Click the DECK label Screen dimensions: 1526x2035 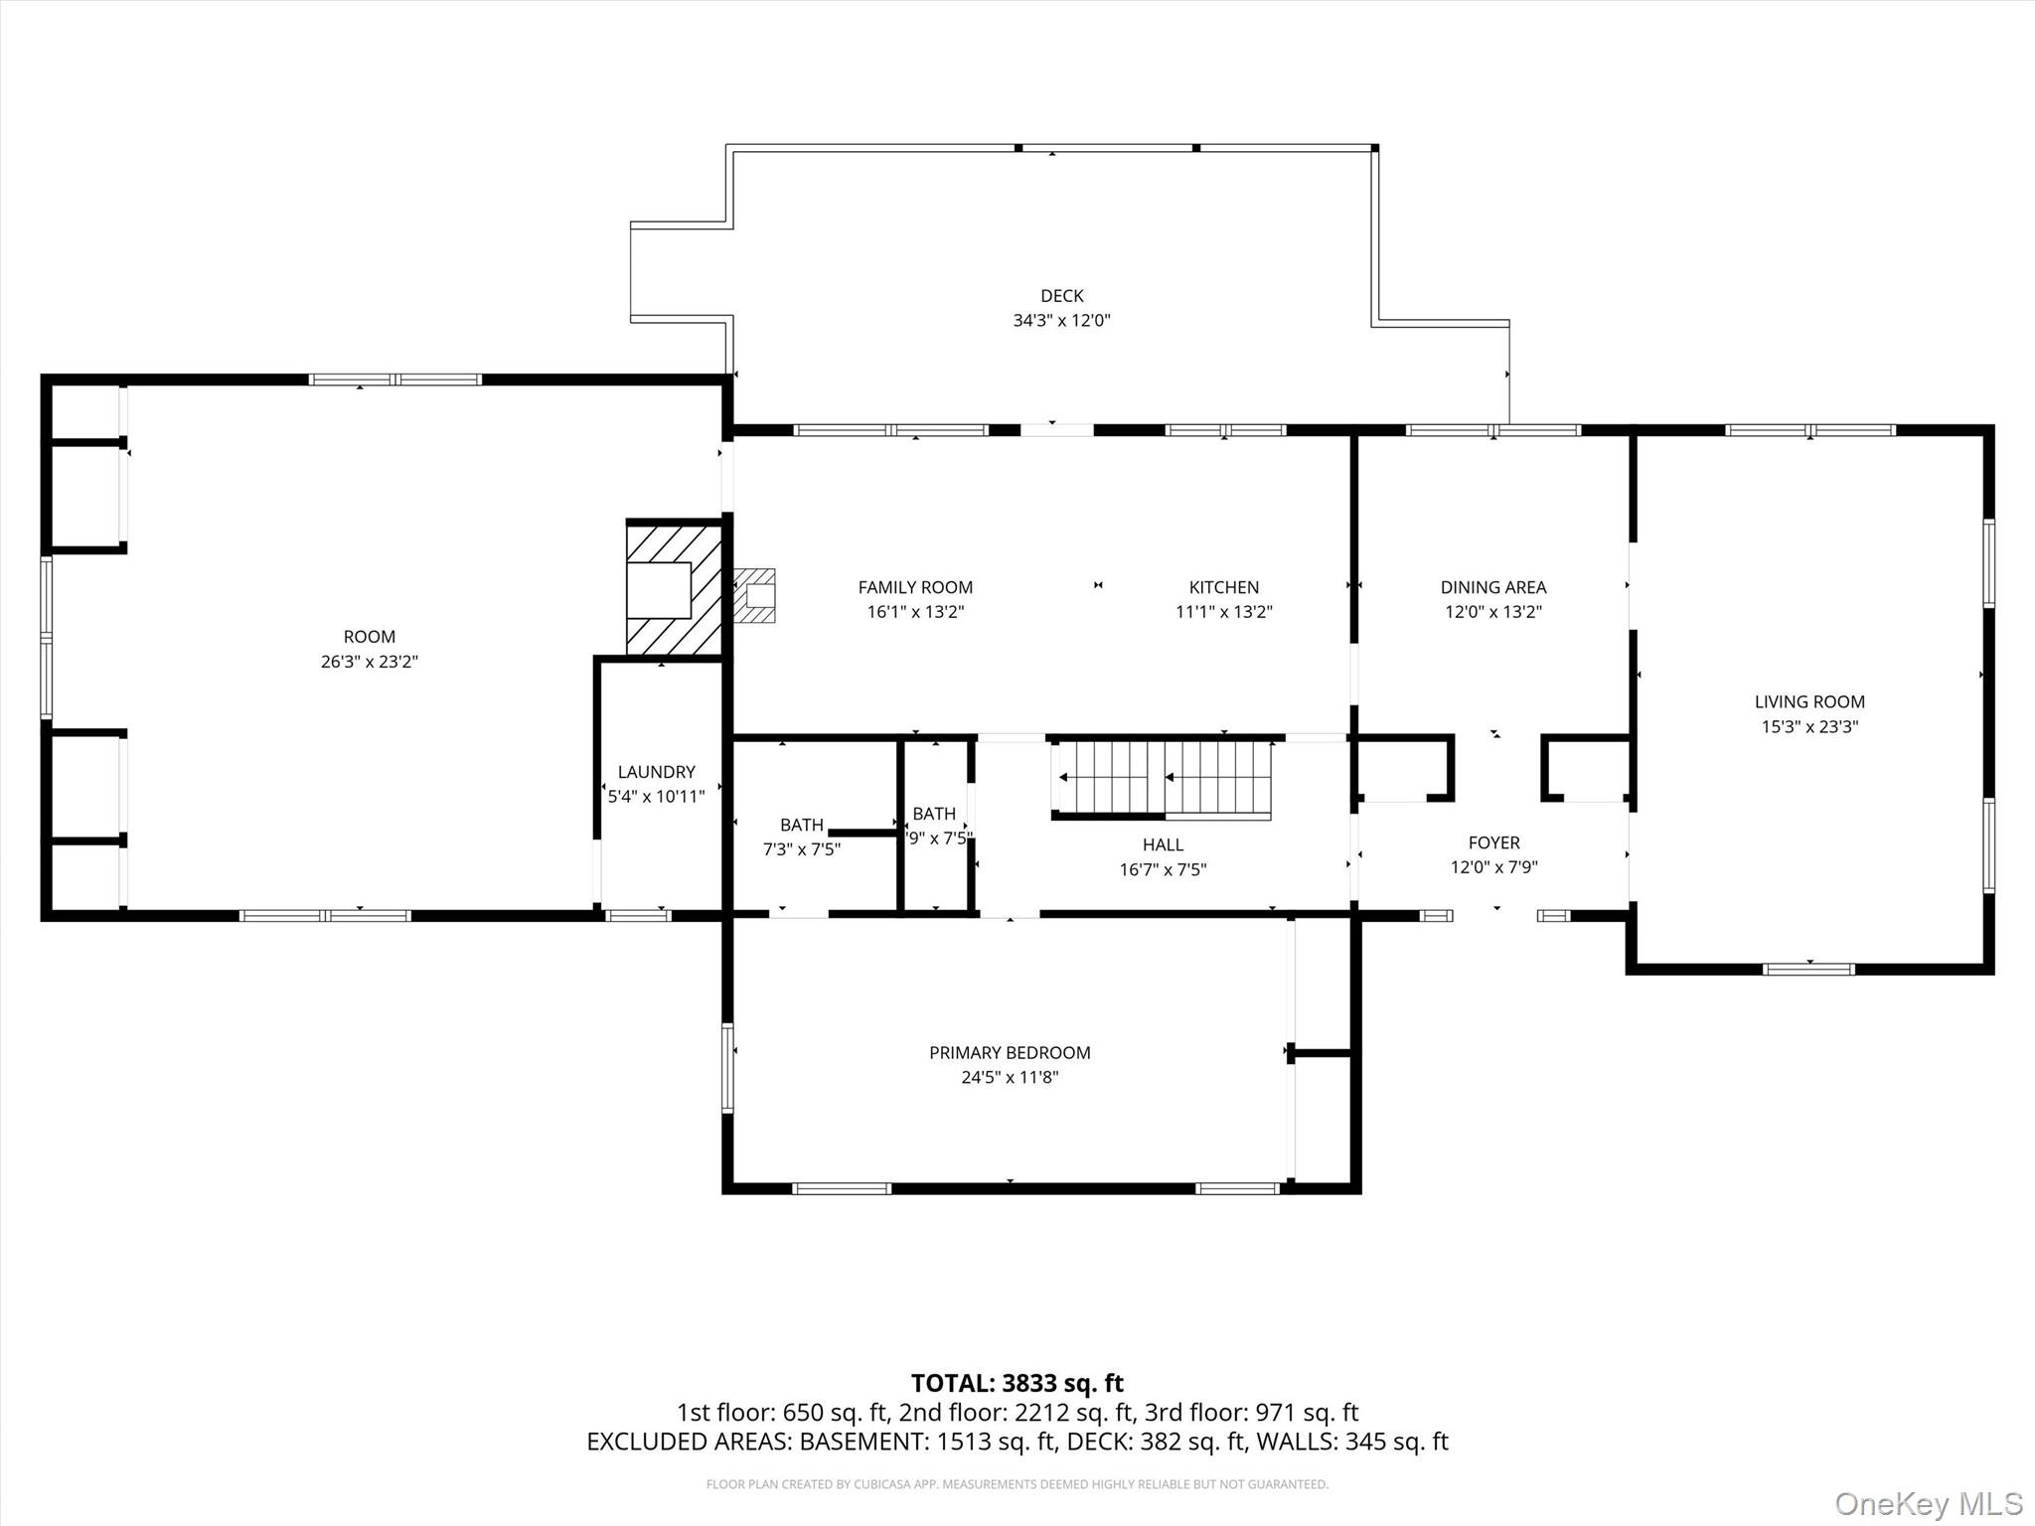pyautogui.click(x=1061, y=295)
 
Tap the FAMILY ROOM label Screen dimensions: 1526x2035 pyautogui.click(x=915, y=587)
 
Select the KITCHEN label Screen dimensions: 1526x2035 pyautogui.click(x=1223, y=587)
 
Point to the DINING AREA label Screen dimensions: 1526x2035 pyautogui.click(x=1492, y=587)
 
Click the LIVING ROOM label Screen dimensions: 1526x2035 pyautogui.click(x=1808, y=701)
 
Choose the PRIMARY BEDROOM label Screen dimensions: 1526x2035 pyautogui.click(x=1010, y=1052)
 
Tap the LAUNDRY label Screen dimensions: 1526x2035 pyautogui.click(x=656, y=772)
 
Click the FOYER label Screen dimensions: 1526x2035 pyautogui.click(x=1493, y=842)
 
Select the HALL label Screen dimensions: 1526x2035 pyautogui.click(x=1163, y=844)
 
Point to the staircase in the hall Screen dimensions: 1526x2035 pyautogui.click(x=1163, y=778)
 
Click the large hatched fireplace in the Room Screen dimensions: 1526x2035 pyautogui.click(x=674, y=589)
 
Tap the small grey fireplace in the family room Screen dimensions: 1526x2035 pyautogui.click(x=755, y=595)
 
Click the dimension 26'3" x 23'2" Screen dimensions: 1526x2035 pyautogui.click(x=369, y=662)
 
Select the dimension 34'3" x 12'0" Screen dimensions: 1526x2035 pyautogui.click(x=1061, y=321)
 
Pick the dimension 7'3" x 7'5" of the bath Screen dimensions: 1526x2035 pyautogui.click(x=801, y=849)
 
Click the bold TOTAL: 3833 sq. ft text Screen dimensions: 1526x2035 pyautogui.click(x=1017, y=1383)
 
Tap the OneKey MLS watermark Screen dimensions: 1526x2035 pyautogui.click(x=1928, y=1503)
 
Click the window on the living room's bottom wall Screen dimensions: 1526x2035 pyautogui.click(x=1808, y=969)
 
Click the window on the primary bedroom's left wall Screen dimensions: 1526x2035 pyautogui.click(x=727, y=1067)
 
